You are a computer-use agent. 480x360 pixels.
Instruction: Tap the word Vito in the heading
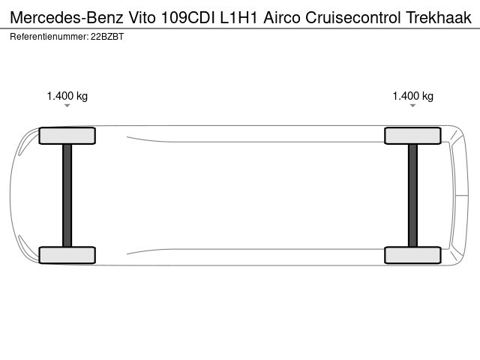[142, 18]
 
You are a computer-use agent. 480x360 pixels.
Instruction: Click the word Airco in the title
[282, 18]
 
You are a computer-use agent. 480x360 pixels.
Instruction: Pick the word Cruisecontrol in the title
[353, 18]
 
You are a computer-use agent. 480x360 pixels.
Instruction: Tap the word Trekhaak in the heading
[439, 18]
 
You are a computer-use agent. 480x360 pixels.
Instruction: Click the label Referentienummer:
[49, 37]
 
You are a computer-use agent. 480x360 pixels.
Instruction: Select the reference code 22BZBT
[107, 37]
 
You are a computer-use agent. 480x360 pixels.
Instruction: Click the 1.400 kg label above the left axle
[67, 96]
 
